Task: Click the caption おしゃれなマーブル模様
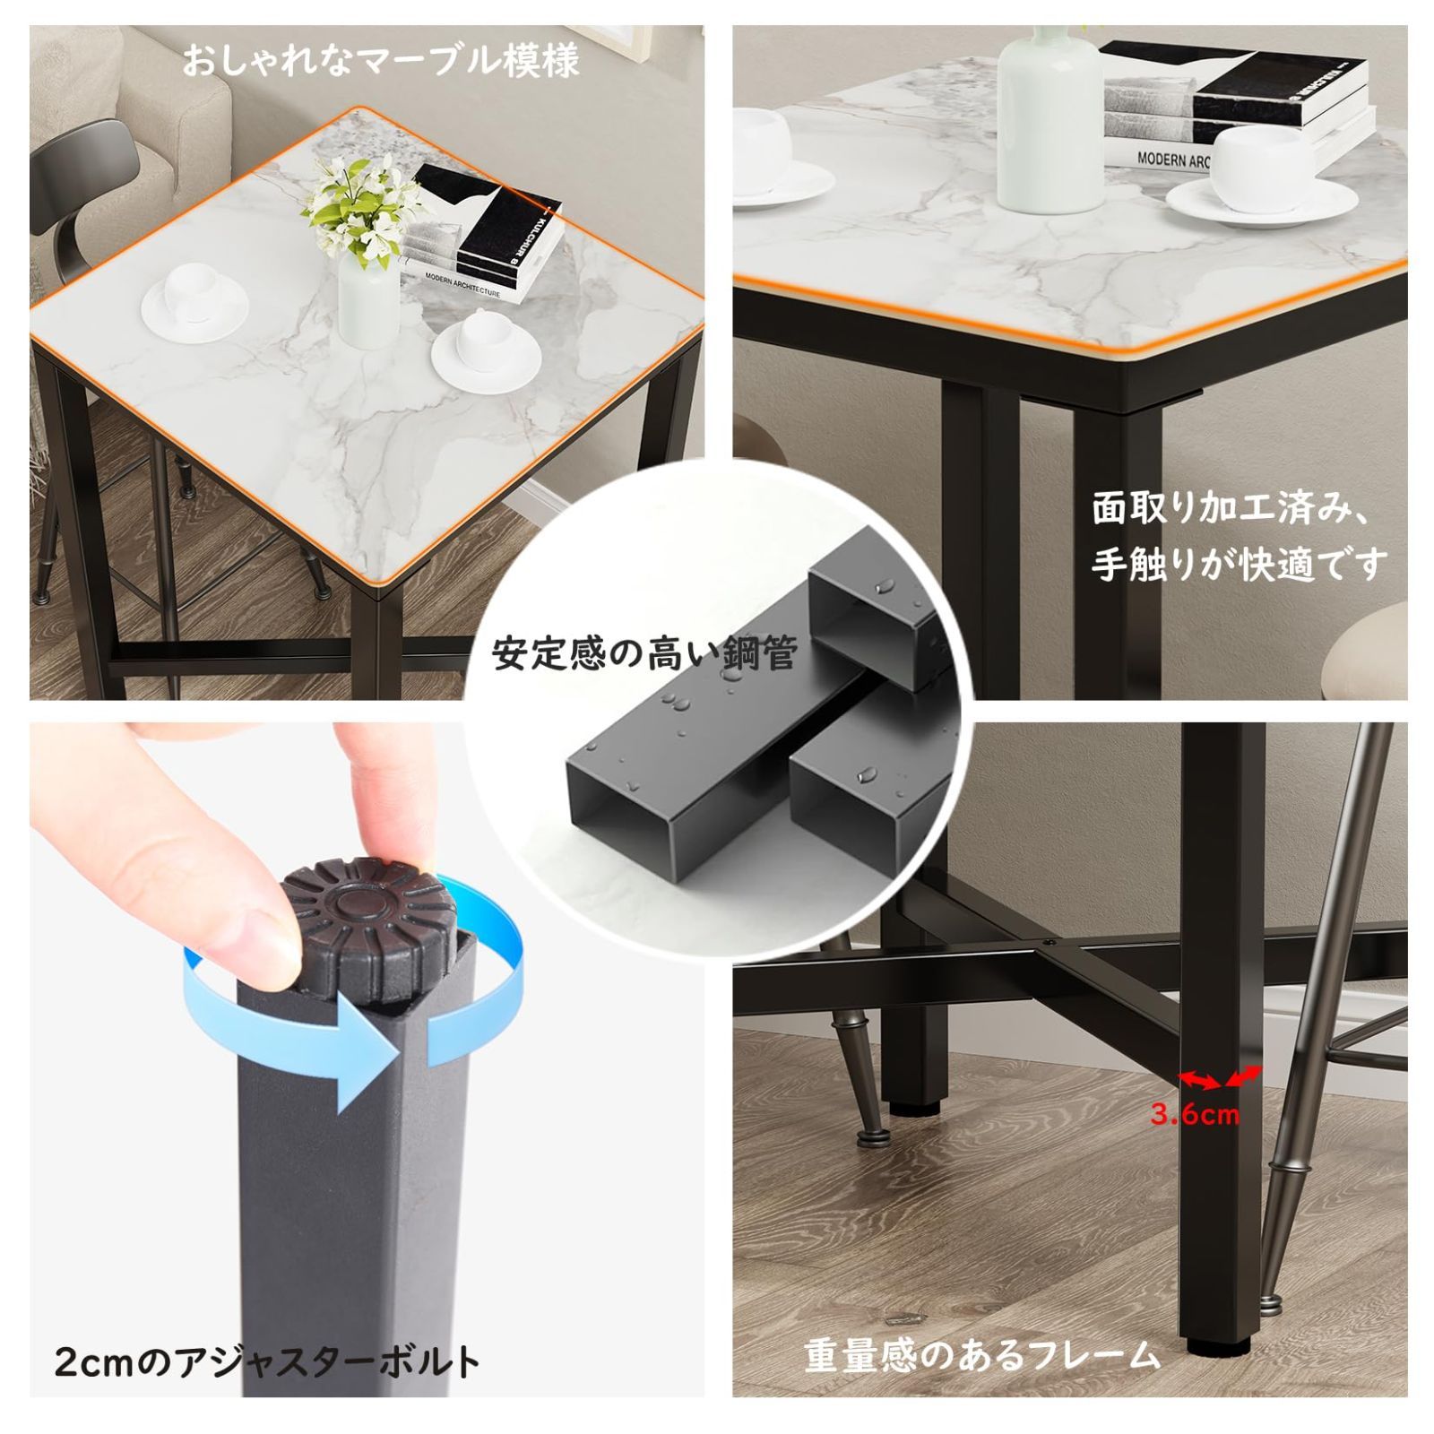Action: coord(381,61)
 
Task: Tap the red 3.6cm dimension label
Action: coord(1195,1115)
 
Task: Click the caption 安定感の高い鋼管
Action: coord(644,653)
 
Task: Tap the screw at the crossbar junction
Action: coord(1050,943)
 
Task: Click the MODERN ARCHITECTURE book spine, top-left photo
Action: coord(462,281)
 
